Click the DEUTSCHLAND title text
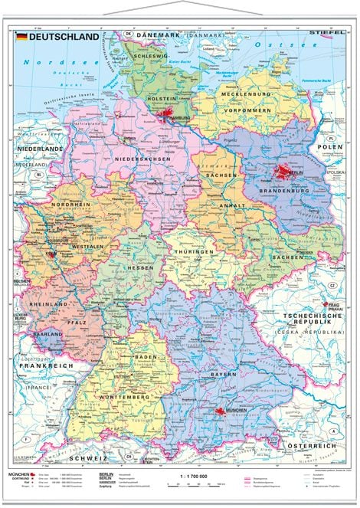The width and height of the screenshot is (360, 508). (64, 37)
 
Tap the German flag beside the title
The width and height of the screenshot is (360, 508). (23, 37)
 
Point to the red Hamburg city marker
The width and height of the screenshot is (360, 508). (170, 115)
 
